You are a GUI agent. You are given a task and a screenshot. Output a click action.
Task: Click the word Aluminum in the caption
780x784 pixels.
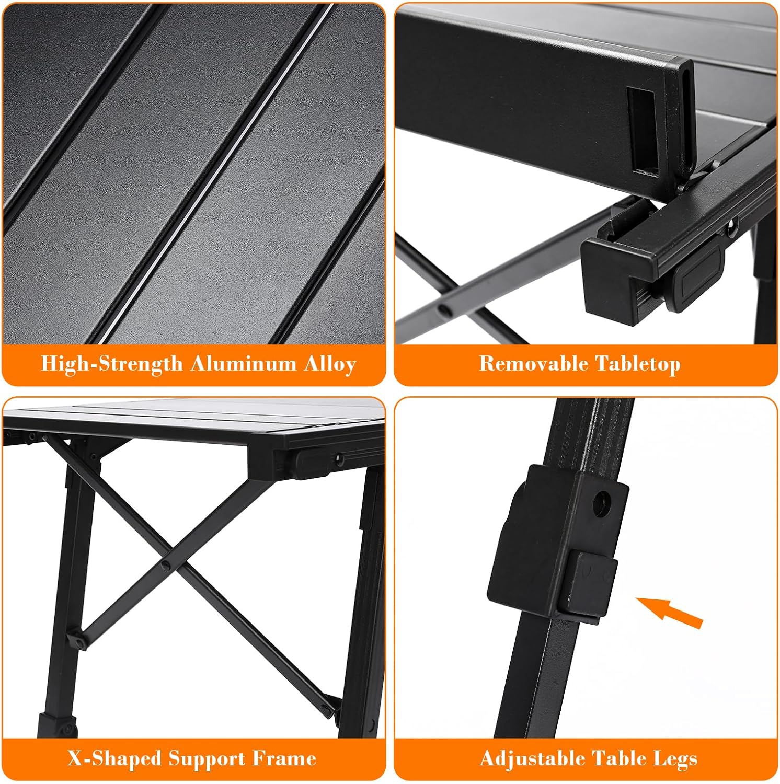coord(244,363)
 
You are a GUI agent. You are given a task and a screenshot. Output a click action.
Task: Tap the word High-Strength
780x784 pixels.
coord(111,364)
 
